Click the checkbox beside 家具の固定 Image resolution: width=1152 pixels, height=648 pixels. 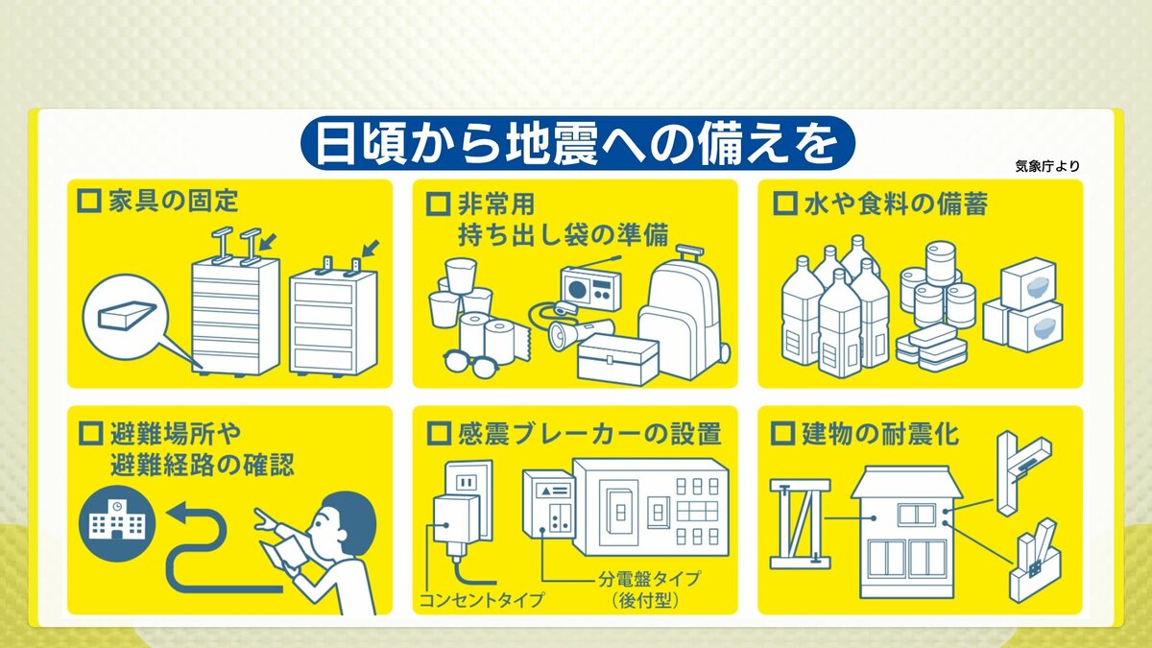(89, 201)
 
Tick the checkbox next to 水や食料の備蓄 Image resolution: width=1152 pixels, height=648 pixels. (785, 204)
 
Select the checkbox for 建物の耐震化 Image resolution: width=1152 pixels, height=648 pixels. (783, 434)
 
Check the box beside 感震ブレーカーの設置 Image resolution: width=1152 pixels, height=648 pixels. (439, 434)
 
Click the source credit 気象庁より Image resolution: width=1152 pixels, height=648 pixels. (1047, 166)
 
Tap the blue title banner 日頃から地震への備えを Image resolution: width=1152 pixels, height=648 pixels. (577, 142)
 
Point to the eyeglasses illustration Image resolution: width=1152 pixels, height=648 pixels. (470, 364)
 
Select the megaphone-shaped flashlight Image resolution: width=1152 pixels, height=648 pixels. (580, 333)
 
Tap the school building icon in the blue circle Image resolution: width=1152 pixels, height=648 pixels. (117, 522)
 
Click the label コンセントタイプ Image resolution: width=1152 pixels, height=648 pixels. (481, 600)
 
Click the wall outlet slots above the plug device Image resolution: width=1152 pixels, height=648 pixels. (467, 483)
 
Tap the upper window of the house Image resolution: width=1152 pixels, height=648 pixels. (916, 515)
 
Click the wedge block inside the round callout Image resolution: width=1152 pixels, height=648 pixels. (126, 314)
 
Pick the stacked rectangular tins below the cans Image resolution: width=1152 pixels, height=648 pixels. (932, 347)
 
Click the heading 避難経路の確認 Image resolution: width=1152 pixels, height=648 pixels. (203, 466)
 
